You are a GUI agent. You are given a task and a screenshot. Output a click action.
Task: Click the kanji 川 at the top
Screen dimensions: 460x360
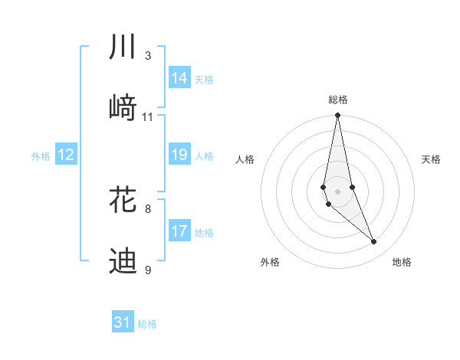pyautogui.click(x=123, y=47)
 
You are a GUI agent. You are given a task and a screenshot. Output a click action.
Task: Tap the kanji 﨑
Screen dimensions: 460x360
pyautogui.click(x=123, y=108)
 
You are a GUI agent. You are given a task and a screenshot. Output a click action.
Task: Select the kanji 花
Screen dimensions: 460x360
pyautogui.click(x=123, y=200)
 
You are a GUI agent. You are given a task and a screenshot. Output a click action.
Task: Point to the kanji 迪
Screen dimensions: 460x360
pyautogui.click(x=123, y=261)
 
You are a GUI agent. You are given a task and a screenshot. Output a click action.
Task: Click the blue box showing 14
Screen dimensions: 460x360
pyautogui.click(x=179, y=78)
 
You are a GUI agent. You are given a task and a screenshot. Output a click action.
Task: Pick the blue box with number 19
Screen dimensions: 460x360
pyautogui.click(x=179, y=155)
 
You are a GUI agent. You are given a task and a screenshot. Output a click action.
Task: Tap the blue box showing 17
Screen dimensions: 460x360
pyautogui.click(x=179, y=231)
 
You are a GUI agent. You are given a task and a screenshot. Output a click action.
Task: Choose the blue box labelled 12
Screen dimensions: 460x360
pyautogui.click(x=66, y=155)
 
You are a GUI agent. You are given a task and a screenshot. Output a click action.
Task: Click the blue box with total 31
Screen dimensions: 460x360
pyautogui.click(x=123, y=322)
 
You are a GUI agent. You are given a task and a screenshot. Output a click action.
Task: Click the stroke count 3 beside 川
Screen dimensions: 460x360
pyautogui.click(x=148, y=55)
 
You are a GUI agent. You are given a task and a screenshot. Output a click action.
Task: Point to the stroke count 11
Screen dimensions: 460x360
pyautogui.click(x=148, y=116)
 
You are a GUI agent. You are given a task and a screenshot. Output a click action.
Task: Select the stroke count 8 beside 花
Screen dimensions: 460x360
pyautogui.click(x=148, y=208)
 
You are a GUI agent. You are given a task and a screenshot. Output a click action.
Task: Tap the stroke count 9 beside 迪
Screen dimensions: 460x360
pyautogui.click(x=148, y=270)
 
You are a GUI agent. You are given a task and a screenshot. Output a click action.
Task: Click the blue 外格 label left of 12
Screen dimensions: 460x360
pyautogui.click(x=41, y=156)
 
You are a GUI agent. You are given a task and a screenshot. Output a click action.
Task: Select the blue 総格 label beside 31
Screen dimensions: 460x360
pyautogui.click(x=147, y=324)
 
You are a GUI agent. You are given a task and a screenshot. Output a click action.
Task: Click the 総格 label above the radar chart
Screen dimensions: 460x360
pyautogui.click(x=338, y=100)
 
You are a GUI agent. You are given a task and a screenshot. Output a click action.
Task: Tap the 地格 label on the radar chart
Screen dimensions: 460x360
pyautogui.click(x=402, y=263)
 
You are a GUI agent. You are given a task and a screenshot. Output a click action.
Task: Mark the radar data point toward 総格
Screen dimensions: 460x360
pyautogui.click(x=338, y=116)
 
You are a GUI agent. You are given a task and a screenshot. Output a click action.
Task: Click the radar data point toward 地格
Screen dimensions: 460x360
pyautogui.click(x=374, y=241)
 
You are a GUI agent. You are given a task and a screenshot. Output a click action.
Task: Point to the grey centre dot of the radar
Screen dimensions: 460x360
pyautogui.click(x=338, y=191)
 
